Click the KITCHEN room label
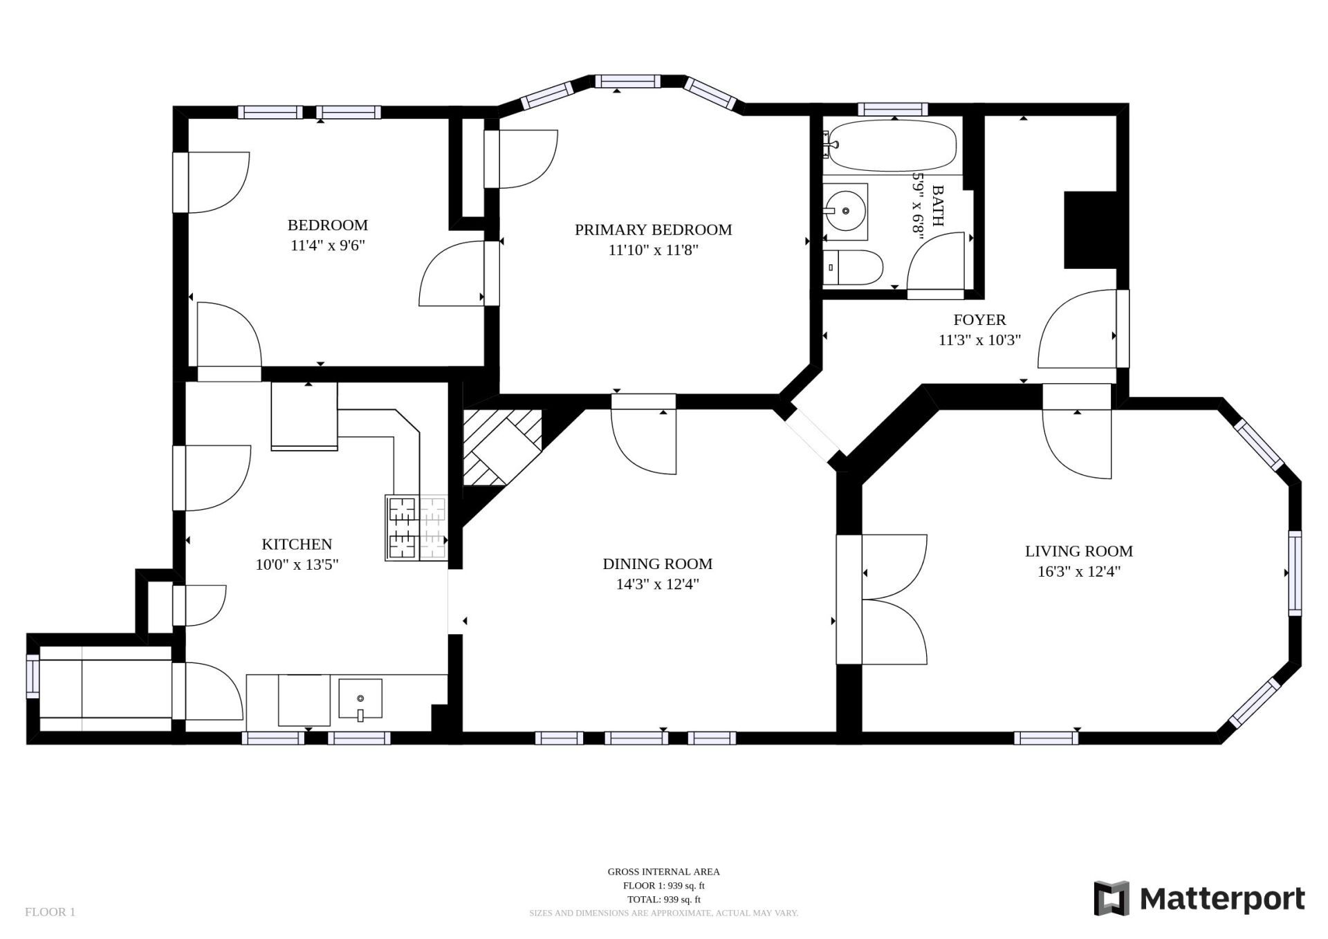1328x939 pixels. [x=297, y=544]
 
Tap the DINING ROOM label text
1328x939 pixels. [x=657, y=564]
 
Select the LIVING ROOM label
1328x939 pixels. [x=1078, y=552]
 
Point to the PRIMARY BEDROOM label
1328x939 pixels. [x=653, y=230]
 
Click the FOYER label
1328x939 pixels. [x=979, y=320]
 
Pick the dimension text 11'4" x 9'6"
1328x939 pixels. [x=327, y=245]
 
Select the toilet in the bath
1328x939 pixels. [x=854, y=268]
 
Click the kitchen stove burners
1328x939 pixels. [x=416, y=528]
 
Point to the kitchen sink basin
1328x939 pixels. [x=360, y=699]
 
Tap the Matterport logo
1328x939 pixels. [x=1199, y=898]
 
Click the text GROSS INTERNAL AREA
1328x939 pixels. [x=663, y=872]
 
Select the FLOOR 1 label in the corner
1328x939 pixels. [x=50, y=912]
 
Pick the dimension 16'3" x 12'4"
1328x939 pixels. [x=1079, y=572]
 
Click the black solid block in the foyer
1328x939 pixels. [x=1090, y=230]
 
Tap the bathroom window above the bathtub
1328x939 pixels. [x=892, y=109]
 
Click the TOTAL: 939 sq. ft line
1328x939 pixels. [x=663, y=900]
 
